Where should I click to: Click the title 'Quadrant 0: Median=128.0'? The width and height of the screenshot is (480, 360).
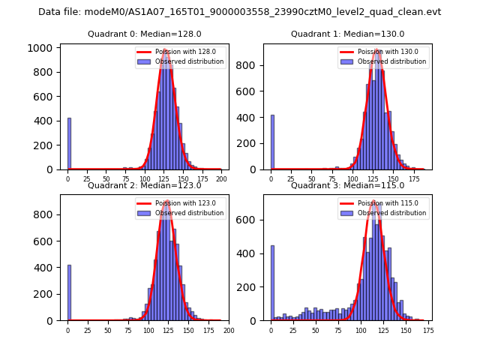click(144, 34)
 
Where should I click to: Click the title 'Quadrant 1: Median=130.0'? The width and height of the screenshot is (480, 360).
click(347, 34)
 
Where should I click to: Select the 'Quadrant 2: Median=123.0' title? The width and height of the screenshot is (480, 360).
click(144, 185)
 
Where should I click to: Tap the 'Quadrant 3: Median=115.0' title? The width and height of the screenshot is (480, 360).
click(347, 185)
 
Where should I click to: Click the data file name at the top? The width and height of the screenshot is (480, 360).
click(239, 12)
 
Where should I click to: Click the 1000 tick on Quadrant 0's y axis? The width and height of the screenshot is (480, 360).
click(43, 48)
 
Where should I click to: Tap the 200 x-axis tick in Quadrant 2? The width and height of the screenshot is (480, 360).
click(229, 330)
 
